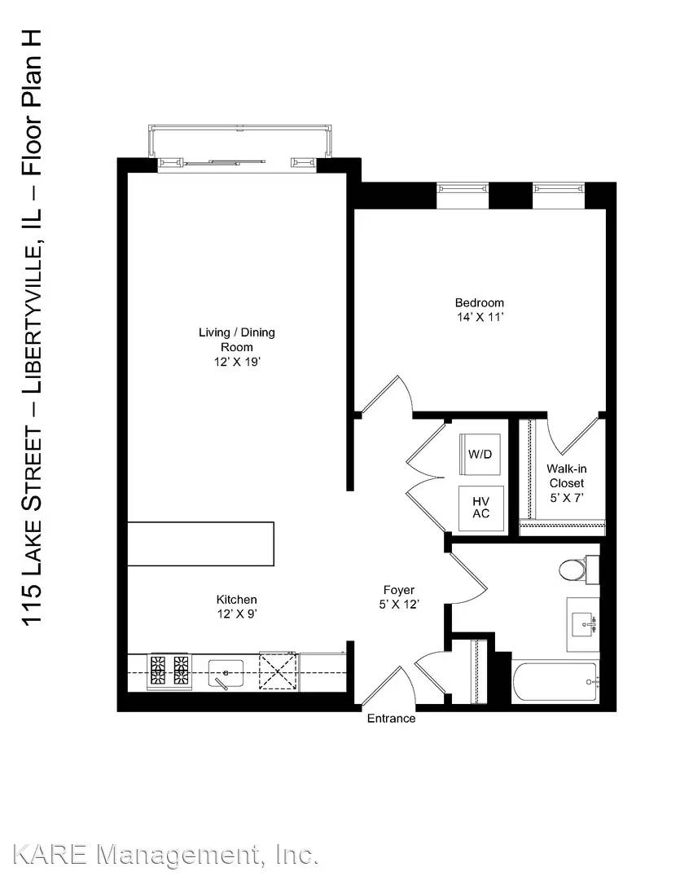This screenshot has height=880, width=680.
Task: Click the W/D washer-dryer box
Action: (480, 454)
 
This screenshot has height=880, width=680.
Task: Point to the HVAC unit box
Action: (480, 508)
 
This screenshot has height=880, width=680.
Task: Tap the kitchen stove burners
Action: (169, 671)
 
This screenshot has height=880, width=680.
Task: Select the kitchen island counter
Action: (201, 543)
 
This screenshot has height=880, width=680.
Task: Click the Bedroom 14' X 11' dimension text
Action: (480, 317)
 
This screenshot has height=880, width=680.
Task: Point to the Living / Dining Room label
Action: (237, 340)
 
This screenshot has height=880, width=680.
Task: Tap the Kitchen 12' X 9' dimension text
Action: (237, 614)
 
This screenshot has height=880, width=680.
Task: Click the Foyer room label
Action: (399, 590)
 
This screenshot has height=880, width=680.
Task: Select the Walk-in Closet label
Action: (567, 476)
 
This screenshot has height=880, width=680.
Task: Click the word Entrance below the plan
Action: (391, 719)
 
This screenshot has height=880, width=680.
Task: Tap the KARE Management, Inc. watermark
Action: (165, 856)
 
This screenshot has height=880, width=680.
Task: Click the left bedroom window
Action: (463, 189)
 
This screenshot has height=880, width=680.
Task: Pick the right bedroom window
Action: (559, 189)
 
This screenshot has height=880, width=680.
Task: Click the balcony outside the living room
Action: (241, 141)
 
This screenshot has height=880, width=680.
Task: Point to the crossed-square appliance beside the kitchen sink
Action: (277, 671)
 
